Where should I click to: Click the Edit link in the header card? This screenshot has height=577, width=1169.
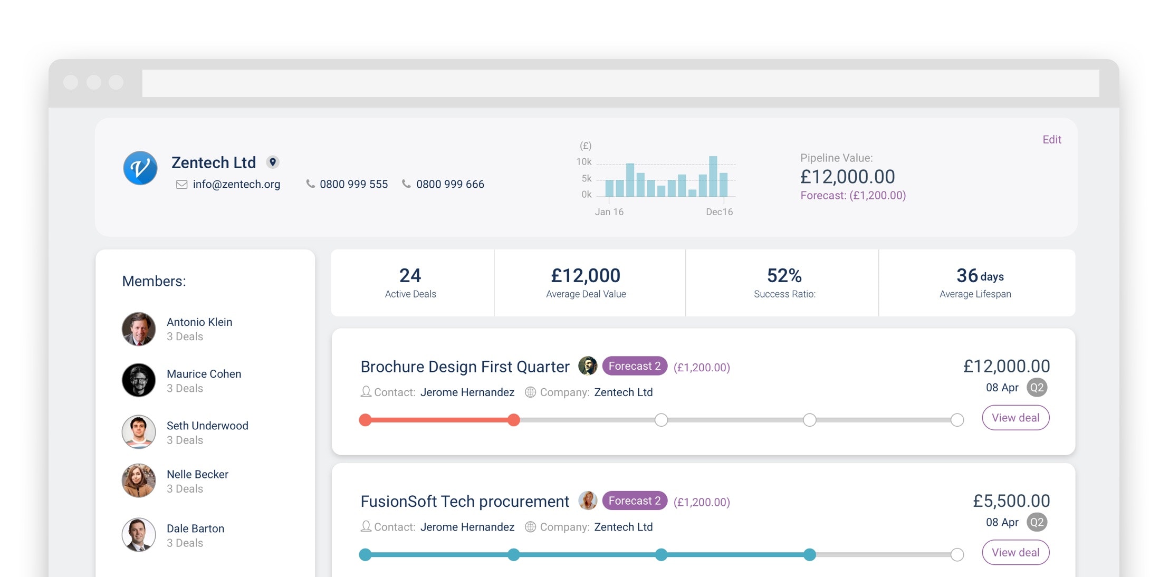coord(1051,140)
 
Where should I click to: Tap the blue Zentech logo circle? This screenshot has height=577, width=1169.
coord(140,168)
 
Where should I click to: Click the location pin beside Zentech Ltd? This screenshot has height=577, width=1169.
coord(273,162)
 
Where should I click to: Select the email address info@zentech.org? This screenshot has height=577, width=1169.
coord(236,184)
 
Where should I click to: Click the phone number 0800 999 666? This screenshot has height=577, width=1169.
coord(449,184)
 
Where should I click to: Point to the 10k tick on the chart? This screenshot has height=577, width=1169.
coord(583,162)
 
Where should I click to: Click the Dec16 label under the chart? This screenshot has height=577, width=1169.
coord(719,212)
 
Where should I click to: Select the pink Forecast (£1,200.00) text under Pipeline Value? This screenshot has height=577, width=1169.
coord(852,196)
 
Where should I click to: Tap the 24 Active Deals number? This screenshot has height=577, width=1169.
coord(410,275)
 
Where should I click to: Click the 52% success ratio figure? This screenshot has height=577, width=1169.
coord(784,275)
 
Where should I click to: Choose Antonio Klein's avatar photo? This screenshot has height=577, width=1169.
coord(139,329)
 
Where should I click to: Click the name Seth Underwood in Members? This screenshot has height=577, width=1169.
coord(207,426)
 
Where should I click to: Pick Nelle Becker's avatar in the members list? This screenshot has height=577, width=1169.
coord(139,480)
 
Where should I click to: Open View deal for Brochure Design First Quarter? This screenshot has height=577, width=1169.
coord(1015,418)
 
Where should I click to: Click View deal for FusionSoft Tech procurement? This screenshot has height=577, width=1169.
coord(1015,552)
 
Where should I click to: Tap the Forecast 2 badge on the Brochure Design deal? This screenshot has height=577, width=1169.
coord(634,366)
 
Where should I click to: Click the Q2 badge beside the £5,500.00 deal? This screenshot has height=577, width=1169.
coord(1037,522)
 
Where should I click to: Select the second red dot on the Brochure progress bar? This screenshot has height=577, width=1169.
coord(513,420)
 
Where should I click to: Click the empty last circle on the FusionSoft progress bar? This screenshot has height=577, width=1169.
coord(957,554)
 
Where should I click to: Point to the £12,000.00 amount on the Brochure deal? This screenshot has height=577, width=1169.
coord(1006,366)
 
